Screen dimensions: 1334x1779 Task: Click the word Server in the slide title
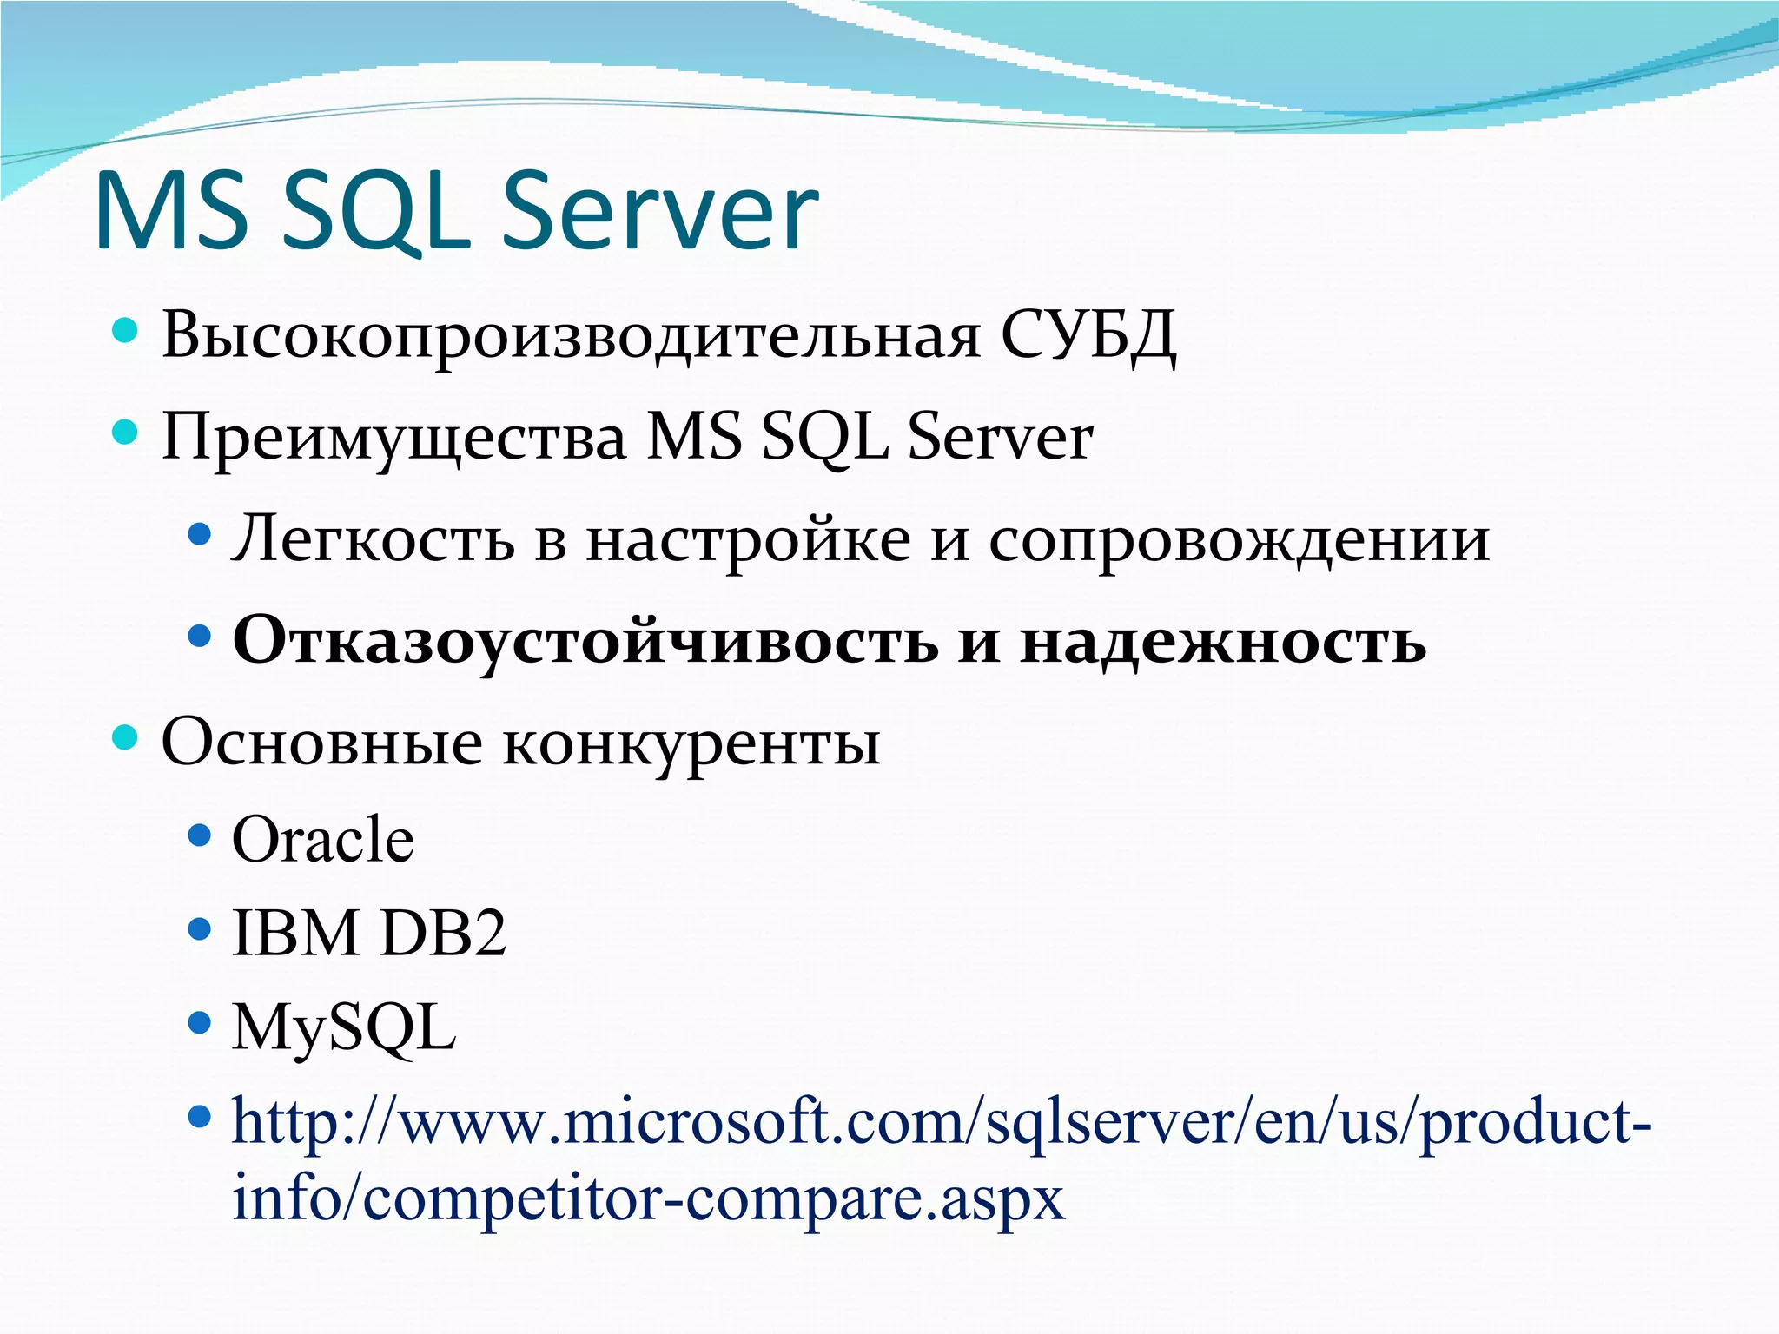pyautogui.click(x=660, y=213)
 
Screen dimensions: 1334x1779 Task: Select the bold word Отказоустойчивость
pyautogui.click(x=585, y=641)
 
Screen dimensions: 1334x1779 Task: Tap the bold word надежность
pyautogui.click(x=1222, y=641)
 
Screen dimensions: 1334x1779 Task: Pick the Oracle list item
pyautogui.click(x=322, y=840)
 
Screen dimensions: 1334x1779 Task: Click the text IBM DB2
pyautogui.click(x=368, y=934)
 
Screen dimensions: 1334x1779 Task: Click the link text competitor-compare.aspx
pyautogui.click(x=712, y=1199)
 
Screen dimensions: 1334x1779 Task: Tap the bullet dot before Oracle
pyautogui.click(x=200, y=836)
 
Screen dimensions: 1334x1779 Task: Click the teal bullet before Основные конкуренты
pyautogui.click(x=126, y=738)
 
